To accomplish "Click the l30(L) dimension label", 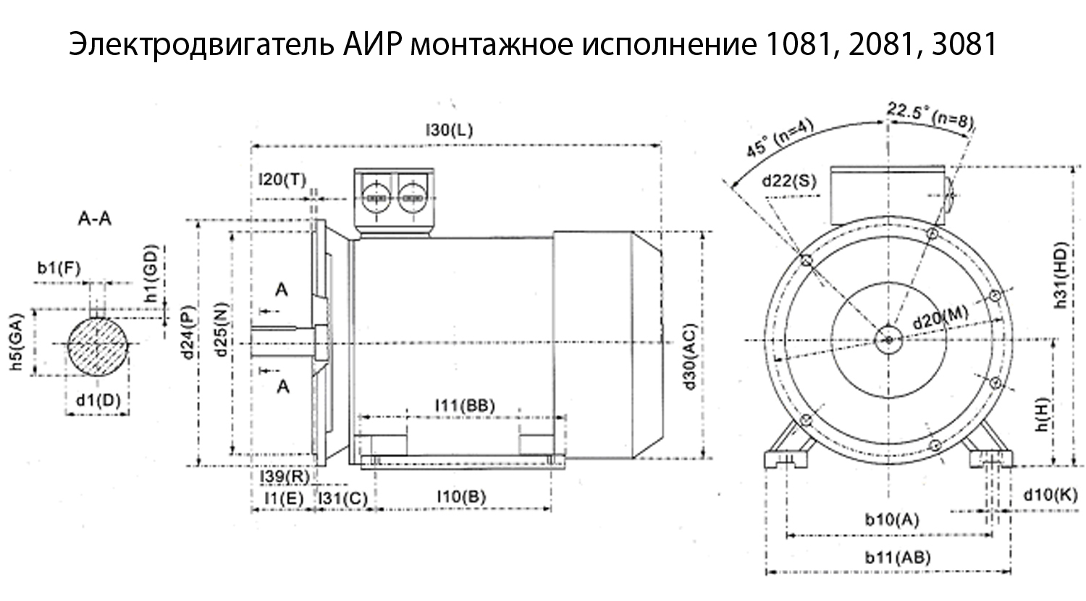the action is click(449, 130).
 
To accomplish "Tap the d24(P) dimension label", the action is click(188, 332).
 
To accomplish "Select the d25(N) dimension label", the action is click(221, 330).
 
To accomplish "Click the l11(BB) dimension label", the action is click(465, 405).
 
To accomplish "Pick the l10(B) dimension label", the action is click(461, 497).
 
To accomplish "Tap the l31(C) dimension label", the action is click(342, 498).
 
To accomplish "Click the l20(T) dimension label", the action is click(282, 180).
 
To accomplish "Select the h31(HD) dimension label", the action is click(1062, 275).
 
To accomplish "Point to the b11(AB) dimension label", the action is click(898, 558).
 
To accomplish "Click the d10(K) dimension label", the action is click(1051, 495).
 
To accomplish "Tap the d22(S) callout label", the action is click(789, 182).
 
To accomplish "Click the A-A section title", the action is click(95, 219).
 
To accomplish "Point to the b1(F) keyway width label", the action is click(59, 268).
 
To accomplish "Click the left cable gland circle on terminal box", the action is click(376, 197).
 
